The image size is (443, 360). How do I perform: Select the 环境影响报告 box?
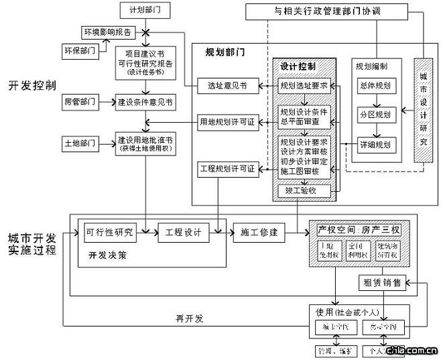click(108, 32)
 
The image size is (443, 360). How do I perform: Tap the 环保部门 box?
click(80, 50)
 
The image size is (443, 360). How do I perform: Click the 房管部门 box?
click(80, 102)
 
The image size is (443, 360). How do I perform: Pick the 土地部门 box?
click(80, 143)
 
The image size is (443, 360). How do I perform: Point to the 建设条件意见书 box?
click(145, 102)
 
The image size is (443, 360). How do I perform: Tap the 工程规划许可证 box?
click(227, 168)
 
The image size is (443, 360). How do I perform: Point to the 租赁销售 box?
click(383, 282)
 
